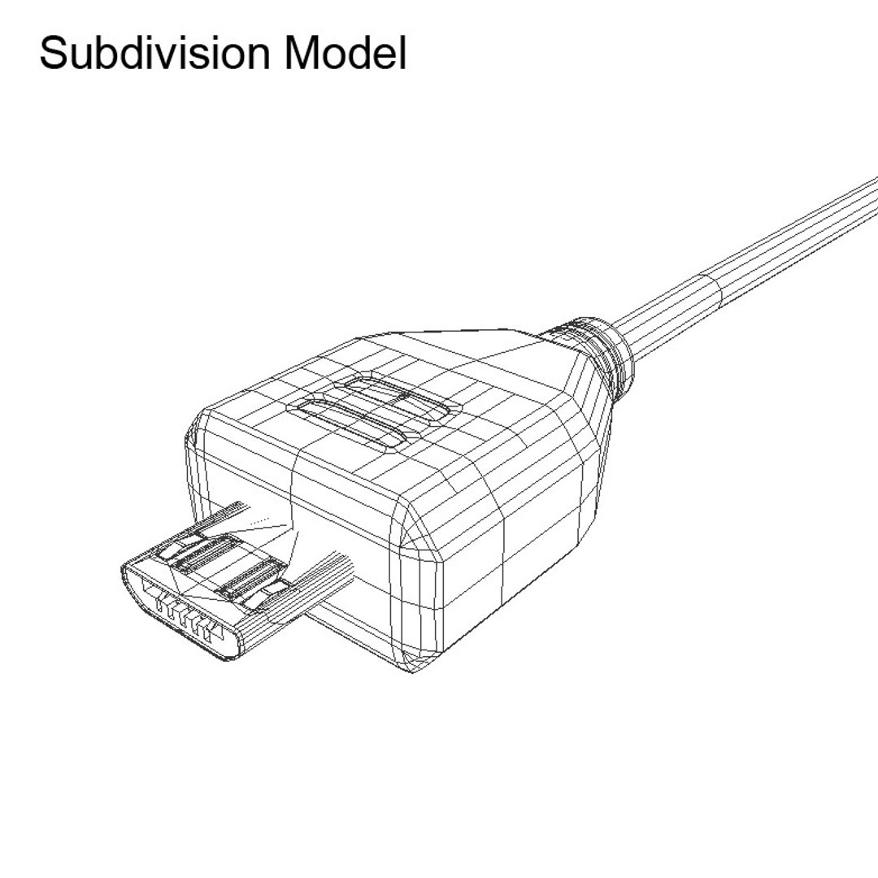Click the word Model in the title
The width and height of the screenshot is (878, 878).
[x=346, y=54]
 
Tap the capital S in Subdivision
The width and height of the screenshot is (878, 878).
[x=52, y=54]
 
